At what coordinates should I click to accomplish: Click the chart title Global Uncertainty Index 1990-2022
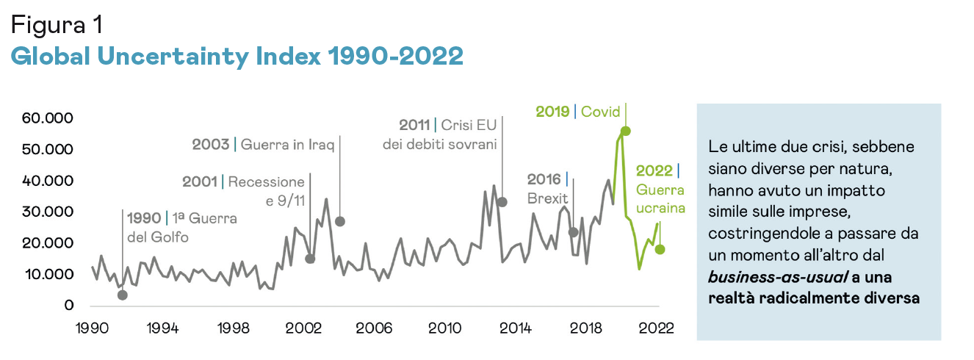(x=237, y=55)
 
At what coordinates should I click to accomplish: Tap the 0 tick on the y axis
(x=69, y=306)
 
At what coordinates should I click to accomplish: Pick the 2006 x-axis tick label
(x=374, y=328)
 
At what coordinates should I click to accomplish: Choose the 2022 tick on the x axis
(x=655, y=328)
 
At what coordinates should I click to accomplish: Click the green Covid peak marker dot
(x=625, y=131)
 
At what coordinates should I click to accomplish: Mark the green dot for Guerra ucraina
(x=660, y=249)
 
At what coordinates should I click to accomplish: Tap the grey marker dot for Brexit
(x=573, y=232)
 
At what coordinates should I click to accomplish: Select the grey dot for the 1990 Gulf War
(x=122, y=295)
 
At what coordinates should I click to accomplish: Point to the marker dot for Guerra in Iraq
(x=339, y=221)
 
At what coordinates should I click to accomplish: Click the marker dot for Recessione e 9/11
(x=310, y=259)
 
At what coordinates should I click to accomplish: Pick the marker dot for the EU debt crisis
(x=502, y=202)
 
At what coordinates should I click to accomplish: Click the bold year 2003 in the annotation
(x=211, y=145)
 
